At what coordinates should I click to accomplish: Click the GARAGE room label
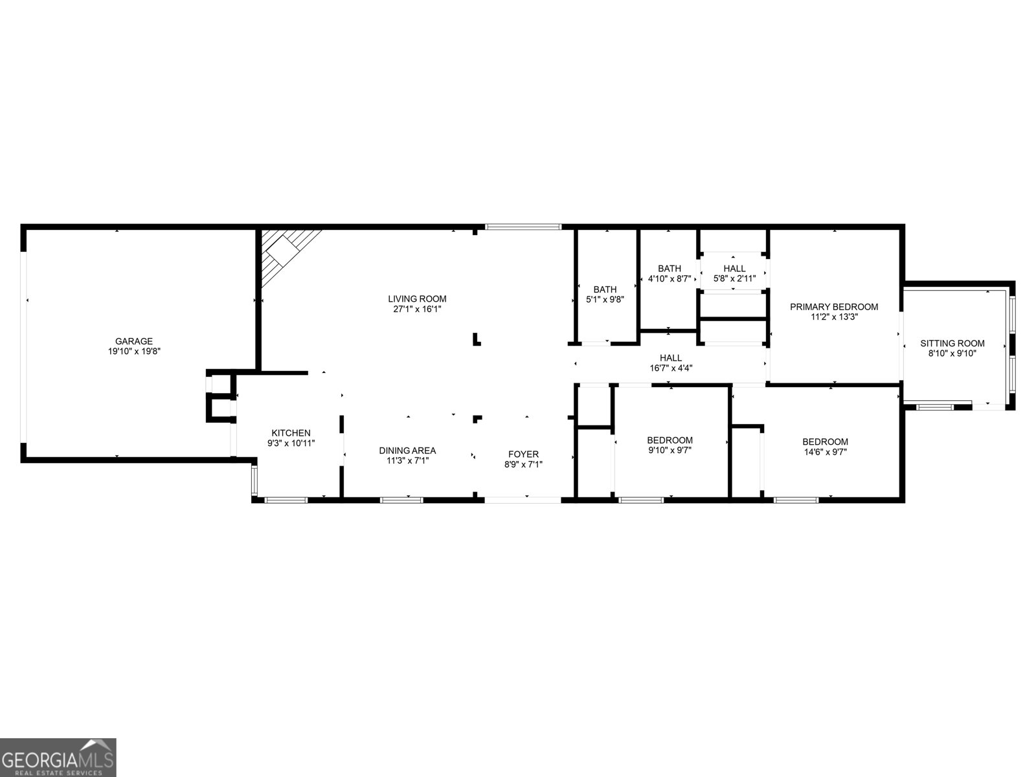(x=134, y=341)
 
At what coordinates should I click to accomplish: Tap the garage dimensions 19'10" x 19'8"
(x=134, y=352)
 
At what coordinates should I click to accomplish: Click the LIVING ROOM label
(x=417, y=298)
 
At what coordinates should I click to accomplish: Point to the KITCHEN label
(x=291, y=433)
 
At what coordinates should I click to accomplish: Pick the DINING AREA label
(x=407, y=451)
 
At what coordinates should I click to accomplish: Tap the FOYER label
(x=523, y=454)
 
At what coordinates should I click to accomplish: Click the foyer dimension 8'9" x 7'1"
(x=523, y=464)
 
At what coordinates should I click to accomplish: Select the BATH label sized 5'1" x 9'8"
(x=605, y=289)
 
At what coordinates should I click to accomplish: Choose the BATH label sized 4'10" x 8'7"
(x=670, y=268)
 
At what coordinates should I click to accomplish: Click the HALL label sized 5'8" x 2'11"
(x=734, y=268)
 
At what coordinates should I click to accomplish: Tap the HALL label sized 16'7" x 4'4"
(x=671, y=357)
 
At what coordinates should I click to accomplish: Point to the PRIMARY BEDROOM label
(x=834, y=307)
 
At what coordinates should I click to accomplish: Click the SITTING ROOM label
(x=952, y=343)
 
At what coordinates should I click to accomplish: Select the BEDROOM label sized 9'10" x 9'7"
(x=670, y=440)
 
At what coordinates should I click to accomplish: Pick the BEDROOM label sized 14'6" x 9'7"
(x=825, y=442)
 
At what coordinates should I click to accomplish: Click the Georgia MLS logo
(x=58, y=757)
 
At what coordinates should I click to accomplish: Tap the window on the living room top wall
(x=523, y=227)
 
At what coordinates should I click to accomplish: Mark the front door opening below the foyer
(x=523, y=499)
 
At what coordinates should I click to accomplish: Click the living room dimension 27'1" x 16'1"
(x=417, y=309)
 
